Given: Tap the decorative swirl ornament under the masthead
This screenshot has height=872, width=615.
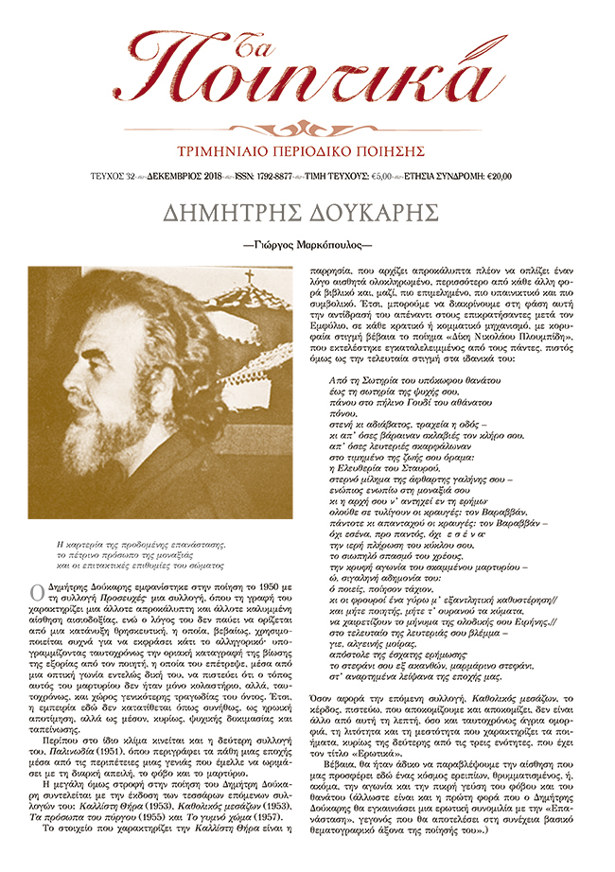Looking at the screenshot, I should (307, 126).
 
